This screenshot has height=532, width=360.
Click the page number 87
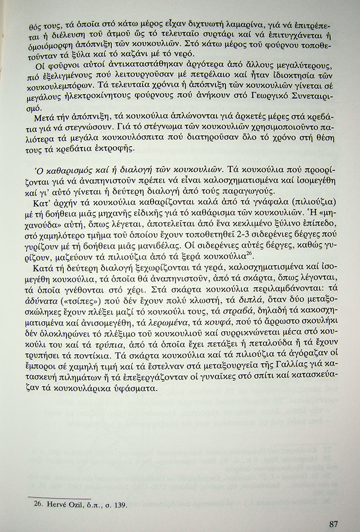tap(334, 523)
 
